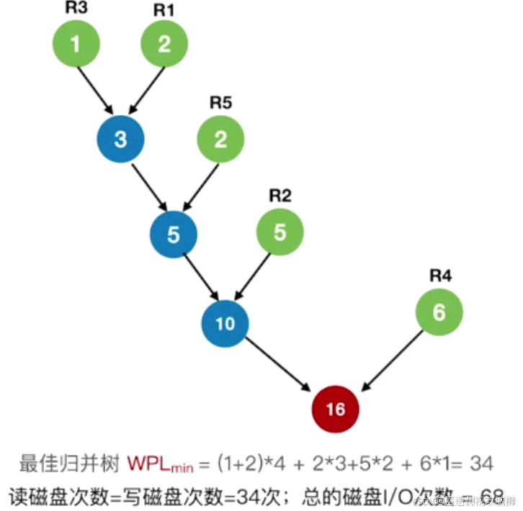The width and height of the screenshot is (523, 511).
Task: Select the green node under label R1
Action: click(164, 43)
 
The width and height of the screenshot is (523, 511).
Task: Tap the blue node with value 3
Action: click(120, 139)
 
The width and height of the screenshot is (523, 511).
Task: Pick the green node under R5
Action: click(220, 139)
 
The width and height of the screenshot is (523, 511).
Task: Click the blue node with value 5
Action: click(173, 235)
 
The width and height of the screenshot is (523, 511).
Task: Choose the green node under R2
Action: click(280, 232)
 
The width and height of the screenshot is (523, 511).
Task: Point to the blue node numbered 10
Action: click(225, 323)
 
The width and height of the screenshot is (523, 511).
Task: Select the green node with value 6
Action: click(439, 312)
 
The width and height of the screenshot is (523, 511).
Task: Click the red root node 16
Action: click(335, 409)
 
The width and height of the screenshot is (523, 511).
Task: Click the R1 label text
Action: click(164, 10)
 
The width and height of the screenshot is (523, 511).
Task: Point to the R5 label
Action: click(220, 102)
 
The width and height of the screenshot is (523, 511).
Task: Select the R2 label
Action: click(280, 195)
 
